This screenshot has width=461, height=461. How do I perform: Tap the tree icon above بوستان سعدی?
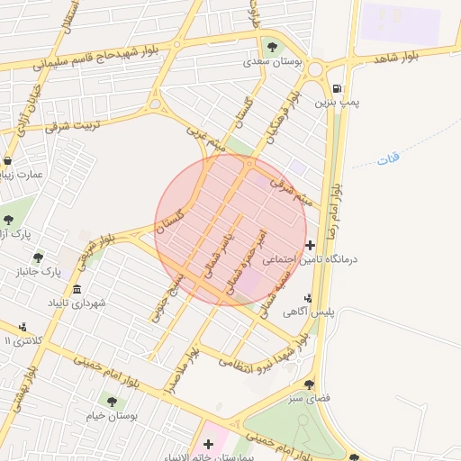click(272, 47)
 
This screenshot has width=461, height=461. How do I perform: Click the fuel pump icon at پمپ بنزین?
click(337, 88)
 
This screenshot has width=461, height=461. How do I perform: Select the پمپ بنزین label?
click(337, 104)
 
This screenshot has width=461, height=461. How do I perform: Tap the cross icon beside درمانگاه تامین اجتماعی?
click(311, 245)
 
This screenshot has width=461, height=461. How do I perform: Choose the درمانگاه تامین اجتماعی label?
click(310, 260)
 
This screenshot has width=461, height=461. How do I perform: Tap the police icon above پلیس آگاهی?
click(309, 297)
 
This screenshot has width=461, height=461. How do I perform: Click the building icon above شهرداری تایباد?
click(77, 290)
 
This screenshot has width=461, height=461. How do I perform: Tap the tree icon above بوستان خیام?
click(112, 401)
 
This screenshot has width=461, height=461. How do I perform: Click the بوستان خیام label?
click(109, 417)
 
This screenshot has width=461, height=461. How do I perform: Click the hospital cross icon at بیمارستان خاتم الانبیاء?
click(209, 443)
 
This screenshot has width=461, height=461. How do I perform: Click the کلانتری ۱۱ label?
click(17, 341)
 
